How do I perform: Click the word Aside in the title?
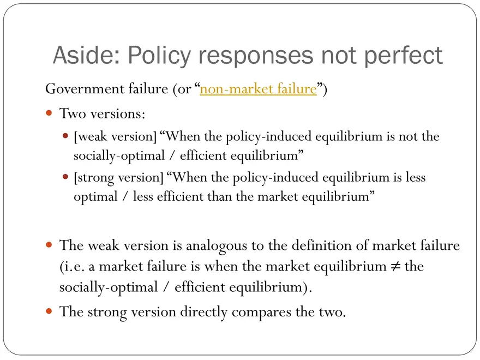pyautogui.click(x=86, y=55)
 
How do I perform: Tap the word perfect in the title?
pyautogui.click(x=403, y=56)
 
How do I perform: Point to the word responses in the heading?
pyautogui.click(x=256, y=56)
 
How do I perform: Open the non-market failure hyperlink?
pyautogui.click(x=258, y=89)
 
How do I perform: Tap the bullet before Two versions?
pyautogui.click(x=49, y=113)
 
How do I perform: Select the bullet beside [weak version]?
pyautogui.click(x=65, y=136)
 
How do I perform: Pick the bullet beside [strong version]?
pyautogui.click(x=65, y=177)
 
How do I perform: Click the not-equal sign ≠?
pyautogui.click(x=395, y=266)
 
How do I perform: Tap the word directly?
pyautogui.click(x=203, y=312)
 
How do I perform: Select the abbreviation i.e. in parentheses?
pyautogui.click(x=74, y=266)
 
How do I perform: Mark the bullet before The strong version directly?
pyautogui.click(x=49, y=311)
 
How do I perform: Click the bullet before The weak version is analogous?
pyautogui.click(x=49, y=244)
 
